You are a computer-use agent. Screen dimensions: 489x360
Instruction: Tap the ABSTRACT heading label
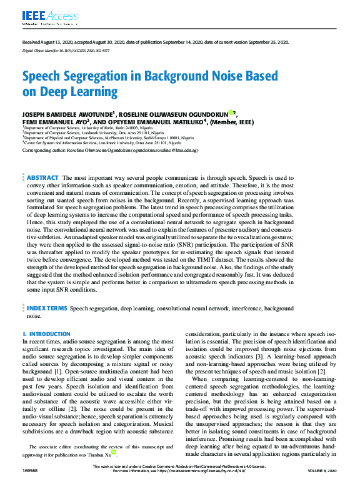43,161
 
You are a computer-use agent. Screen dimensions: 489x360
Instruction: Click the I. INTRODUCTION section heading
46,334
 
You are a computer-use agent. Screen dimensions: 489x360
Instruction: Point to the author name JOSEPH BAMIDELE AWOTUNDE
68,114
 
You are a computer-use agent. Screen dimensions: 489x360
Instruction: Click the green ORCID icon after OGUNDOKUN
231,113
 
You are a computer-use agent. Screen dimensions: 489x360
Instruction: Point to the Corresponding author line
110,151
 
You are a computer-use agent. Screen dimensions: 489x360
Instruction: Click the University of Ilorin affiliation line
87,127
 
